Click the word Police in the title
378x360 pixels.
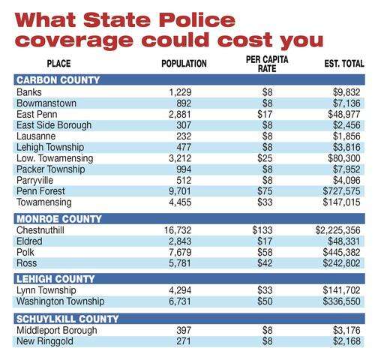[197, 20]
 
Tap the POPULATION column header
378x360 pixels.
[184, 64]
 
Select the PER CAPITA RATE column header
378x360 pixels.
[267, 64]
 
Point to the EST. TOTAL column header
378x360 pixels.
[344, 64]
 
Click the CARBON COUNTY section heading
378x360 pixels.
[58, 80]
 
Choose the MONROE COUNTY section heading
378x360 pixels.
[59, 219]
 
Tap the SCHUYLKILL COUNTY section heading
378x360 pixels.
[67, 319]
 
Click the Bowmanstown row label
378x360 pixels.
[46, 103]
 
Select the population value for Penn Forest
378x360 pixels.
[180, 191]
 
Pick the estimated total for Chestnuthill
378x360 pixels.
[337, 230]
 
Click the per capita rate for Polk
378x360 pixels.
[265, 252]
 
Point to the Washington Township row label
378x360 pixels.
[61, 301]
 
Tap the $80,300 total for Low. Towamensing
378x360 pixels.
[344, 158]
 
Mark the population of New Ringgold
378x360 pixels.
[184, 341]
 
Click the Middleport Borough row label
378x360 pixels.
[57, 330]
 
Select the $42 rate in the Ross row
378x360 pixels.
[265, 263]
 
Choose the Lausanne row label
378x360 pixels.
[36, 136]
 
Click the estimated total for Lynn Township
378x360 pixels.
[341, 290]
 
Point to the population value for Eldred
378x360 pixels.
[180, 241]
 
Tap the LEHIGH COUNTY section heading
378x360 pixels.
[55, 279]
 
